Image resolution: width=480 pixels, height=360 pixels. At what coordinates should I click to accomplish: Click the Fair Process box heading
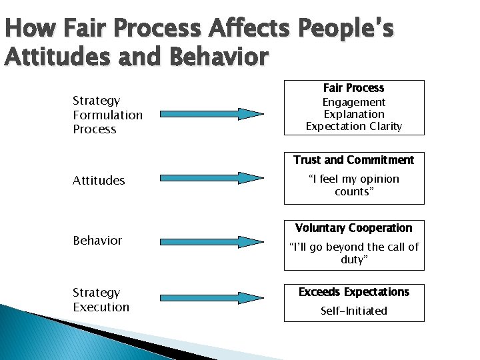353,88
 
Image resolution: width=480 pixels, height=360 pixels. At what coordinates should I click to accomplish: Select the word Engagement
353,102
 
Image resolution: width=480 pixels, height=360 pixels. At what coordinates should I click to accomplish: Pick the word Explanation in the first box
353,114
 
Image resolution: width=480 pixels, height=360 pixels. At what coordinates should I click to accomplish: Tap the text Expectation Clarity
353,126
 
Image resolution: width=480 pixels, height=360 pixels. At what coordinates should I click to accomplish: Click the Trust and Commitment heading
353,160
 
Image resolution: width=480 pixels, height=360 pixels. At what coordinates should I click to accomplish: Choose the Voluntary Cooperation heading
353,228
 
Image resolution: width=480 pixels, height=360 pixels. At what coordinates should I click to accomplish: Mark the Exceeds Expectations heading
353,292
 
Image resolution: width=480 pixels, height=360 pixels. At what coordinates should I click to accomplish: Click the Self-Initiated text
353,311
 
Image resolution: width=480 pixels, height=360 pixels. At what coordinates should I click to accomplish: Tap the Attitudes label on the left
99,180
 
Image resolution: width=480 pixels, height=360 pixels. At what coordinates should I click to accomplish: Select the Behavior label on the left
97,240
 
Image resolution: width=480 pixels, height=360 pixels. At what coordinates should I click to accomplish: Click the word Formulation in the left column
107,115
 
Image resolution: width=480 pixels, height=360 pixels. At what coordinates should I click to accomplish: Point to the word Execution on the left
101,307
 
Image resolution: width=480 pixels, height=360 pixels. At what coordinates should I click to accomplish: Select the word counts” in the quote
353,191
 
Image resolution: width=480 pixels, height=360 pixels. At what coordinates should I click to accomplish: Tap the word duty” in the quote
353,259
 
